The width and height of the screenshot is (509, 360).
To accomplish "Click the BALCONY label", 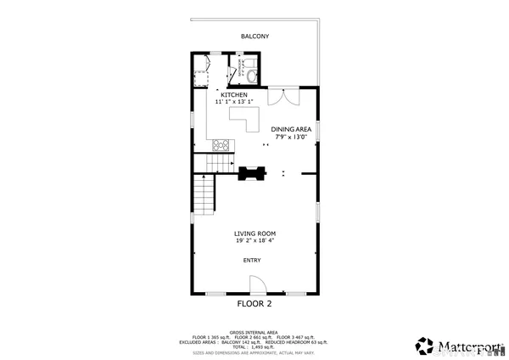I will (x=255, y=37).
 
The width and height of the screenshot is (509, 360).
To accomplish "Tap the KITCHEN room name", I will (x=234, y=95).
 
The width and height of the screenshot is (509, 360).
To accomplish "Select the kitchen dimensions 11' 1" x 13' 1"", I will (x=234, y=102).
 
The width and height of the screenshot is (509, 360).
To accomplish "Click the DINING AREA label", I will (x=292, y=129).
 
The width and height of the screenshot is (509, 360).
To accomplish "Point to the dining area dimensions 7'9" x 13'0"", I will (x=292, y=137).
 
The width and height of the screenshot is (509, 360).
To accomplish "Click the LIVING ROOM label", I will (x=255, y=233).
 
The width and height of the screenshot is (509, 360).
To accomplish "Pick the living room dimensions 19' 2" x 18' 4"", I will (x=255, y=240).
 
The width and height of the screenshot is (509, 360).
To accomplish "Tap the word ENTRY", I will (x=252, y=261).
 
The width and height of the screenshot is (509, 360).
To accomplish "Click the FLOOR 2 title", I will (x=254, y=303).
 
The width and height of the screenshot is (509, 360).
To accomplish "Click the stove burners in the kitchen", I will (x=222, y=144).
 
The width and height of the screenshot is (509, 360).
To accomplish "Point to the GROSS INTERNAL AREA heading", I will (x=254, y=332).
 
